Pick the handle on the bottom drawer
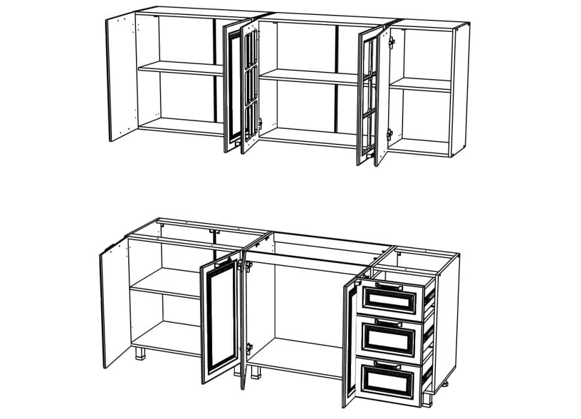(388, 363)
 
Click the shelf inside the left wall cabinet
(180, 68)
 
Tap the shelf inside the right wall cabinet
(422, 85)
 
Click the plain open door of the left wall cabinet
(122, 78)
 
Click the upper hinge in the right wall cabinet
(392, 43)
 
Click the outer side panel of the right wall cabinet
(459, 90)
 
